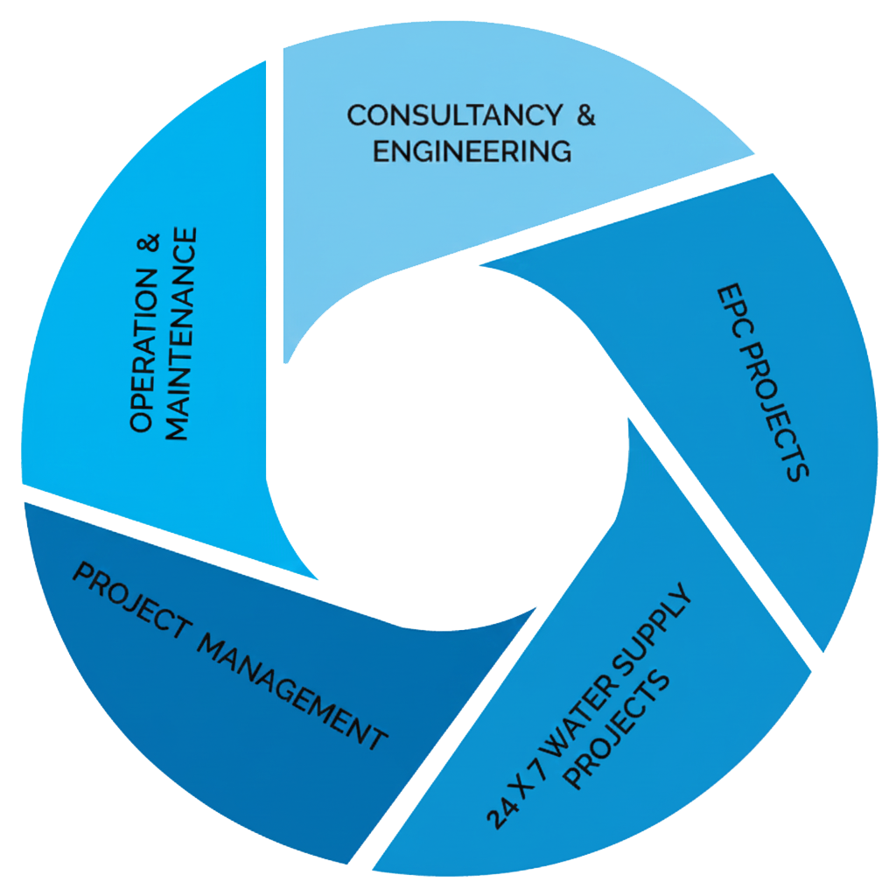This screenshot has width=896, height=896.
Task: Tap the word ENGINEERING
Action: tap(472, 150)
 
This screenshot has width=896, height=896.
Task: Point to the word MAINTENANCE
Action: tap(180, 333)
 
